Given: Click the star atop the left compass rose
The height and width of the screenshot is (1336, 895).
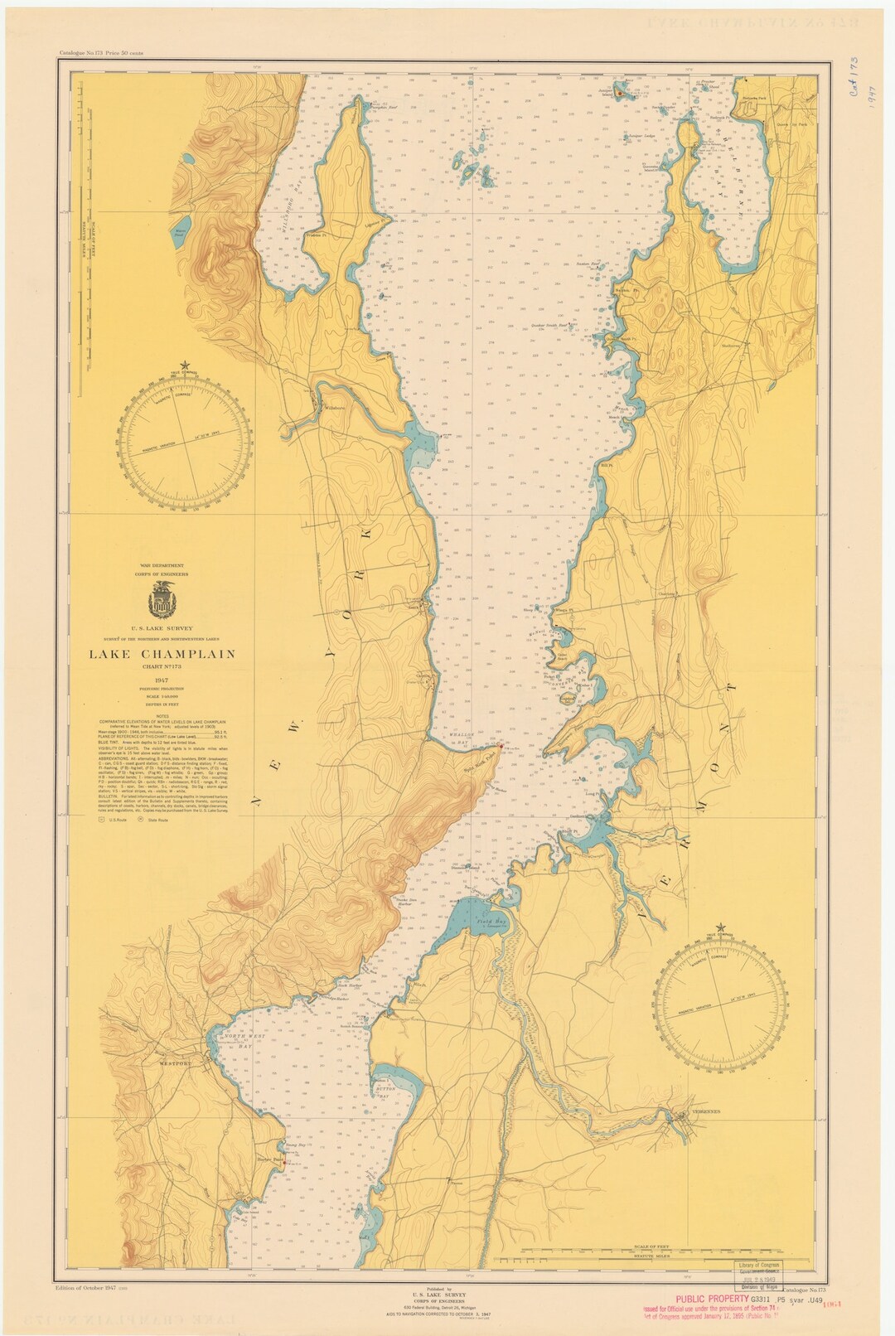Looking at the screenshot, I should [187, 363].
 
